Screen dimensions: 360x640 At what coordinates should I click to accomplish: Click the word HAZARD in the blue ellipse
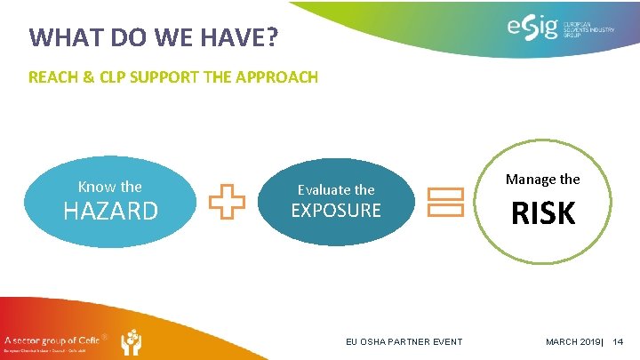point(109,211)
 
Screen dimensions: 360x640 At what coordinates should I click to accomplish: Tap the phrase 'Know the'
point(109,187)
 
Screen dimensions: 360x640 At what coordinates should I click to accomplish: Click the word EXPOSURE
point(336,211)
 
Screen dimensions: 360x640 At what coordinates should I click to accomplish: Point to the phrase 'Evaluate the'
point(336,189)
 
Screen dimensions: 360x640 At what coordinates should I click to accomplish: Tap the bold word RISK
point(542,214)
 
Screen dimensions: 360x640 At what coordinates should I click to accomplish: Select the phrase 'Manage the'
point(542,179)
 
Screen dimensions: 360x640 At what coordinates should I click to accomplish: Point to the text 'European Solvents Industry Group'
point(588,29)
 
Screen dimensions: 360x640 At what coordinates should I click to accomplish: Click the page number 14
point(619,342)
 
